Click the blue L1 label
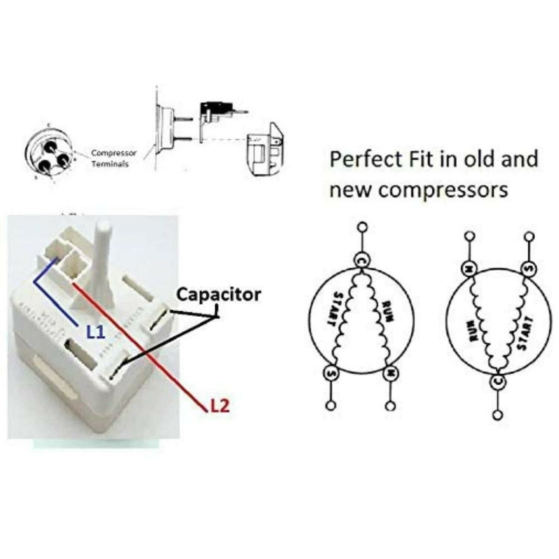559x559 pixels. (x=97, y=332)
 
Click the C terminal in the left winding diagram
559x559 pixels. (x=361, y=259)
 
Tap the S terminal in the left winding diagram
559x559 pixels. (x=331, y=372)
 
